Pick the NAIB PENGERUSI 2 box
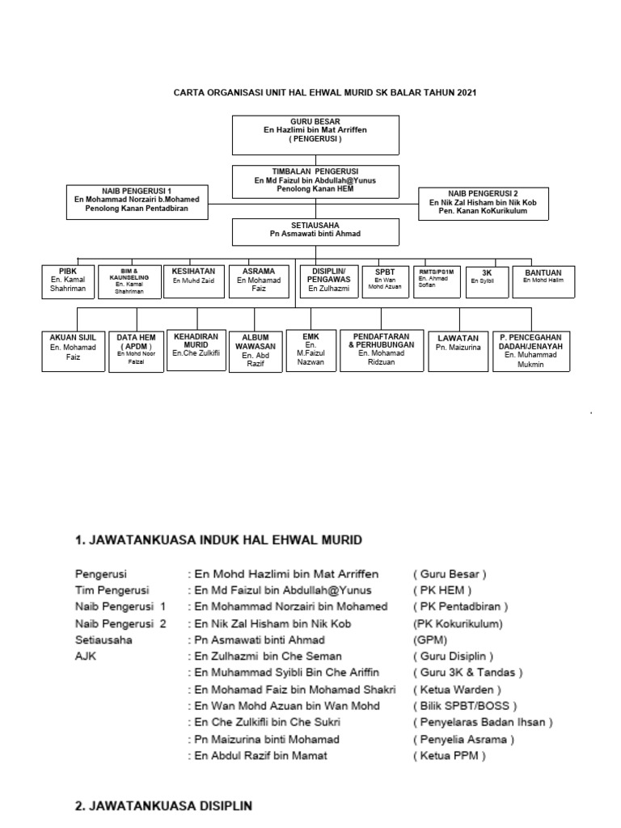click(x=484, y=203)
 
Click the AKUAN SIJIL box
click(x=73, y=350)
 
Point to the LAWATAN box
click(x=458, y=350)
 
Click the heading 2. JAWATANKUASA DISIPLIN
click(x=163, y=805)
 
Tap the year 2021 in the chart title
click(x=466, y=92)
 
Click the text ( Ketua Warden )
click(x=458, y=689)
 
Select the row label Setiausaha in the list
click(x=103, y=639)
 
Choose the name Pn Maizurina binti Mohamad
click(x=264, y=739)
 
